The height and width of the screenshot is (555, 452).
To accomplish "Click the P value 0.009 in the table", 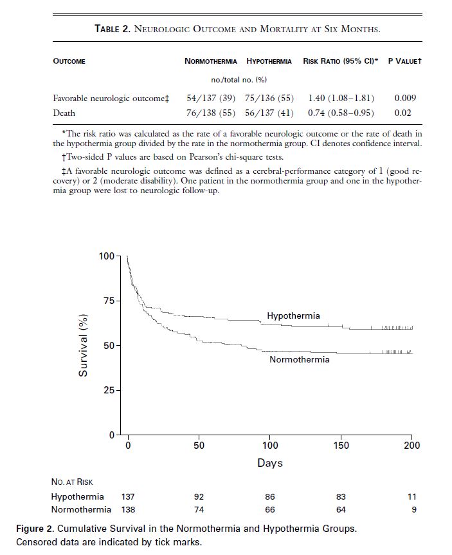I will pyautogui.click(x=404, y=98).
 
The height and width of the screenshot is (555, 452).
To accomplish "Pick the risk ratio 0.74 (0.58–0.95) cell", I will pyautogui.click(x=341, y=113).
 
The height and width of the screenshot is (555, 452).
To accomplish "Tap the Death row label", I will pyautogui.click(x=64, y=113).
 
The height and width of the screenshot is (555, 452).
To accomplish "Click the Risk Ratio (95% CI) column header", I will pyautogui.click(x=340, y=61).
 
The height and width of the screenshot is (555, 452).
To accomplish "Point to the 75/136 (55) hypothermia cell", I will pyautogui.click(x=269, y=98).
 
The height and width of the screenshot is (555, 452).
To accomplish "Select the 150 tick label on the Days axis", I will pyautogui.click(x=341, y=446).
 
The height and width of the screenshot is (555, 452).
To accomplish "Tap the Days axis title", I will pyautogui.click(x=270, y=462).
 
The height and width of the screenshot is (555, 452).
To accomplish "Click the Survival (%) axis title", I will pyautogui.click(x=83, y=345).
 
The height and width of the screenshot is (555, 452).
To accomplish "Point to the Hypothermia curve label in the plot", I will pyautogui.click(x=293, y=316).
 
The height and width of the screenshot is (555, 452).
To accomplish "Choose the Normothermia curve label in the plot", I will pyautogui.click(x=299, y=359).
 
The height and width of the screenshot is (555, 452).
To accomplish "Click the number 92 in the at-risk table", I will pyautogui.click(x=199, y=496).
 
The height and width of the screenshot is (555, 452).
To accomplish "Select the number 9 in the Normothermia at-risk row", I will pyautogui.click(x=413, y=509).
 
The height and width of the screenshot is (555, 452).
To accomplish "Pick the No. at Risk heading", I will pyautogui.click(x=72, y=482).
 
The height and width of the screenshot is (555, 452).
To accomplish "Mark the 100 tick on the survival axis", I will pyautogui.click(x=106, y=256).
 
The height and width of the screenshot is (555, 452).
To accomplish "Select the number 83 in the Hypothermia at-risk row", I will pyautogui.click(x=341, y=496).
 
